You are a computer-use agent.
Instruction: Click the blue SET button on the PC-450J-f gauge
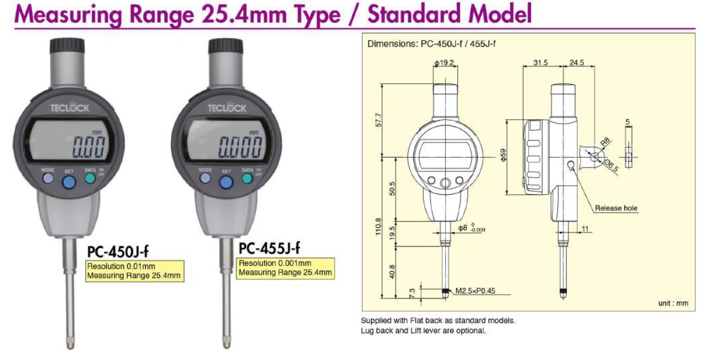click(69, 182)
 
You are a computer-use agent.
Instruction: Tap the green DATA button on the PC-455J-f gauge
click(247, 178)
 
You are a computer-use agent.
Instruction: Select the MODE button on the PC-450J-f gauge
click(48, 178)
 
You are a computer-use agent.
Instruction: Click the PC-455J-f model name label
click(269, 248)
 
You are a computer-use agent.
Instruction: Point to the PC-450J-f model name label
click(118, 251)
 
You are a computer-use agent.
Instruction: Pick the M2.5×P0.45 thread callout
click(476, 292)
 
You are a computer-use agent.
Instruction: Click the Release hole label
click(616, 208)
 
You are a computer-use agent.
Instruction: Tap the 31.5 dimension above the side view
click(541, 63)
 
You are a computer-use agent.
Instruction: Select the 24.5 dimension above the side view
click(577, 63)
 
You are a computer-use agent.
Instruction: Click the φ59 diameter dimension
click(504, 157)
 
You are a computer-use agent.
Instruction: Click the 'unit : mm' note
click(673, 303)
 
